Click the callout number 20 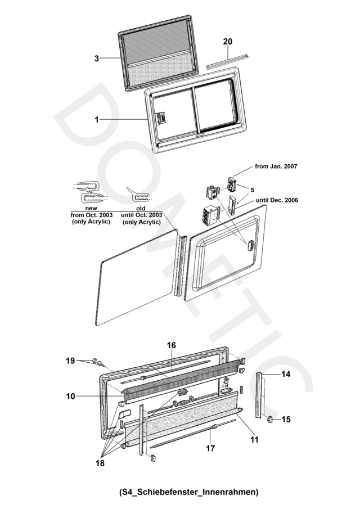[227, 42]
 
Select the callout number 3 [97, 58]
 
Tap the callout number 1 [97, 120]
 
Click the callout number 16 [171, 345]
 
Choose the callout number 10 [70, 396]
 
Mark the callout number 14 [285, 374]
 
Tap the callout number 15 [286, 419]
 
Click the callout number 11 [254, 440]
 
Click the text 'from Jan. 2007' [276, 166]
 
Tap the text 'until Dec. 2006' [277, 200]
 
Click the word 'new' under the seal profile [91, 208]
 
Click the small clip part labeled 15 [271, 419]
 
